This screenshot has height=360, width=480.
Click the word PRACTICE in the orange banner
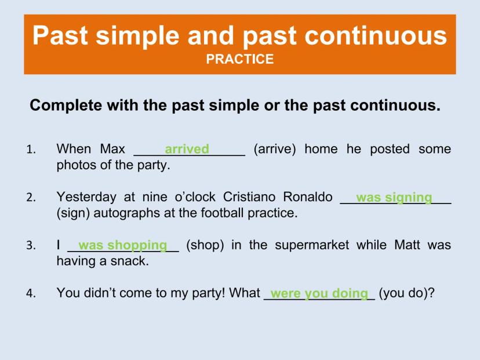239,59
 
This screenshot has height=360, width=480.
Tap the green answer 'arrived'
187,149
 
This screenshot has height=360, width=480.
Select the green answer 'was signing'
394,198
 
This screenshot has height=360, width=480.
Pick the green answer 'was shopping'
123,246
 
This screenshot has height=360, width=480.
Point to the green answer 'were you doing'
319,294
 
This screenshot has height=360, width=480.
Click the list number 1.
31,150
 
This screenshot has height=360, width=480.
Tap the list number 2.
31,198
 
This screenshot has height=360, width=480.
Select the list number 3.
31,246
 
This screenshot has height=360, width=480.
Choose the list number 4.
31,293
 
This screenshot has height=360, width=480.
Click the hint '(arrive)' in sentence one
275,150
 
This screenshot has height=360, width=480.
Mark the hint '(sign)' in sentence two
73,213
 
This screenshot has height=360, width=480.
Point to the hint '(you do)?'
406,293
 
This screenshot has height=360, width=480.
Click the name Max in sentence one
112,149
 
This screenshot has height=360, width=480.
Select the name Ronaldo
308,197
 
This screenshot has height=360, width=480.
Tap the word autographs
127,213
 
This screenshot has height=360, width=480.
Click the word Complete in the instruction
66,106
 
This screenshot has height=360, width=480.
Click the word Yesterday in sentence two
86,198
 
